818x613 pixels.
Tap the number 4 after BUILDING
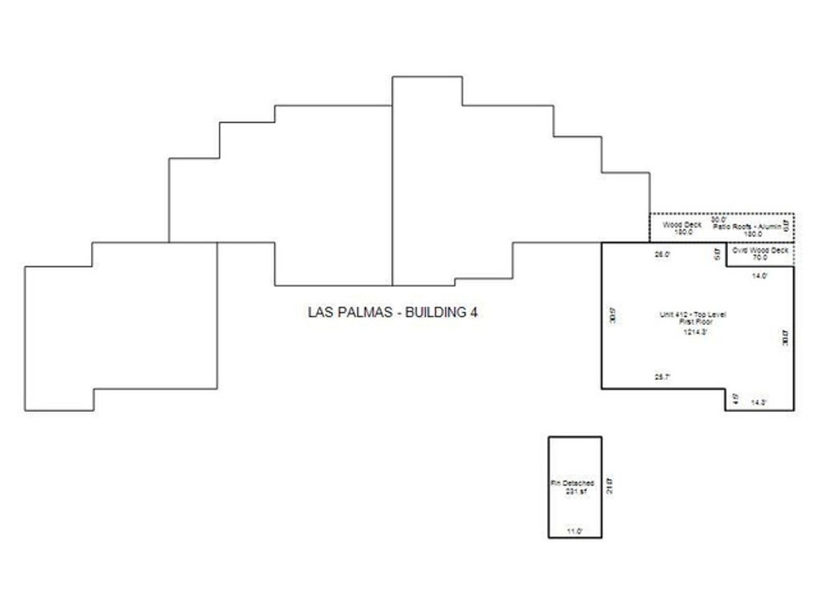coord(474,313)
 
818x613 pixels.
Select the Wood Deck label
coord(682,225)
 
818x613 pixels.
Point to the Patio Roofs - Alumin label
coord(752,227)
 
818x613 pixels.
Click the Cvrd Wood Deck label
coord(760,251)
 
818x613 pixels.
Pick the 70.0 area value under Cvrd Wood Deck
coord(760,258)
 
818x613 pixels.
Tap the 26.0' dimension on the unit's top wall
coord(662,255)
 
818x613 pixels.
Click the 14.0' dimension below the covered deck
coord(760,275)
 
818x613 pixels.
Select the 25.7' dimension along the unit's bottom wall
coord(662,377)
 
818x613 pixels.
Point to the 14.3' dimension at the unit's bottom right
coord(760,402)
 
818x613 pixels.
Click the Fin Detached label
coord(572,484)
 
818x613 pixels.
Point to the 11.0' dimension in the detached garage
coord(574,531)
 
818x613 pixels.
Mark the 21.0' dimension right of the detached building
coord(609,485)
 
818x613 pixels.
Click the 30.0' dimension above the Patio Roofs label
coord(719,219)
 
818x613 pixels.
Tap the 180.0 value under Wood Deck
coord(683,233)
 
